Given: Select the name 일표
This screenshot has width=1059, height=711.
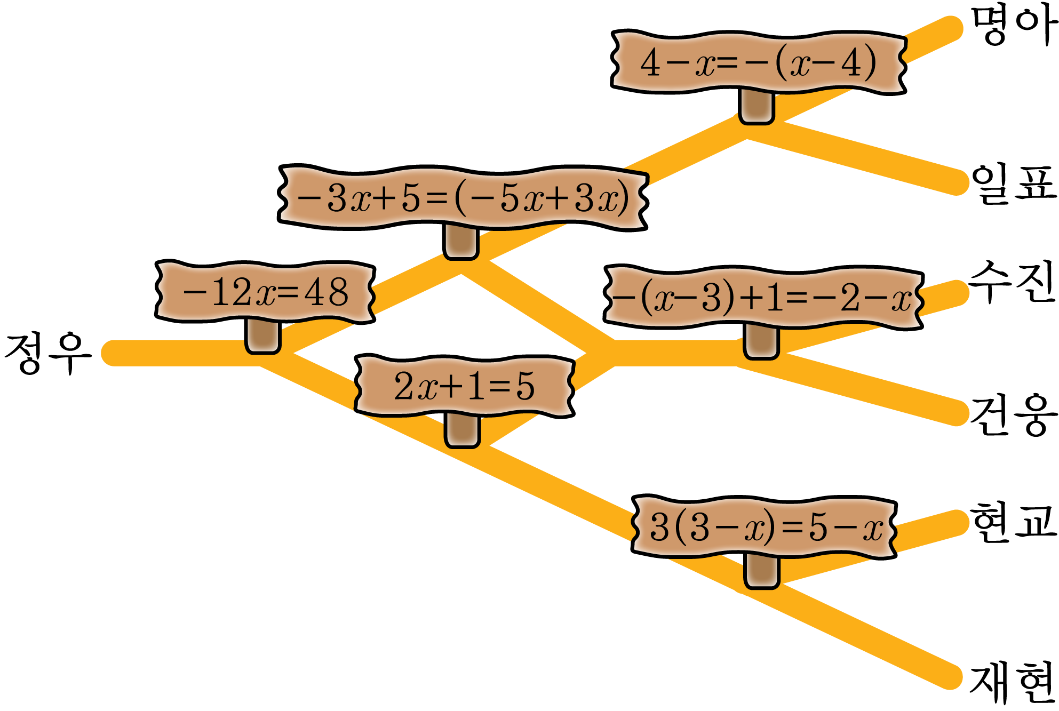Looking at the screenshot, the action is tap(1013, 184).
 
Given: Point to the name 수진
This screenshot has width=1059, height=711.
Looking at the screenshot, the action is tap(1012, 282).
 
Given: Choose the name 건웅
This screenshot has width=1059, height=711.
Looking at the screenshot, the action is tap(1013, 416).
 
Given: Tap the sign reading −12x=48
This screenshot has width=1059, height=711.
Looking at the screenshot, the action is tap(265, 292).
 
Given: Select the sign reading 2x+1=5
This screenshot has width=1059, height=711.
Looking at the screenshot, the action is tap(464, 386).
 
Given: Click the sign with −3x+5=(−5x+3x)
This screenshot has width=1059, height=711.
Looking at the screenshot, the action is tap(463, 198).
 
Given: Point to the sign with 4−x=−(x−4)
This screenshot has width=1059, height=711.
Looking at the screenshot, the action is tap(759, 62).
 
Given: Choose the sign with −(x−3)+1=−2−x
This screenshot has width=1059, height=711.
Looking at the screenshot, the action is tap(763, 297).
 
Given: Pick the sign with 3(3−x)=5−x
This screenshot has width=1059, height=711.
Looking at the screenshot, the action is tap(764, 527).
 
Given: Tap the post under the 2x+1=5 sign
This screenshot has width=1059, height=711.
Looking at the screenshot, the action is tap(463, 431).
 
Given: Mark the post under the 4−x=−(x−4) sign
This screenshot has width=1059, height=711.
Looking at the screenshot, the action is tap(757, 107).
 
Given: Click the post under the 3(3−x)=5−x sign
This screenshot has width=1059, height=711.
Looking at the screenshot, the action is tap(762, 572).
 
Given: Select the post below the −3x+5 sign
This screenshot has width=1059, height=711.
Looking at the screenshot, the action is tap(461, 243).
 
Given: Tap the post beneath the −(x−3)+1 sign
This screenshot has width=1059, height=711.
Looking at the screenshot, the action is tap(761, 342).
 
